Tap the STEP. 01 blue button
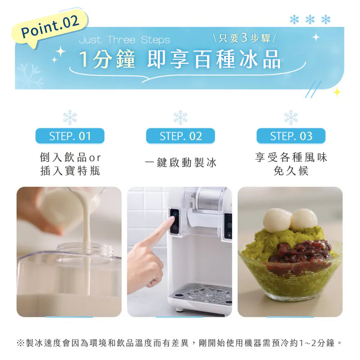pos(70,136)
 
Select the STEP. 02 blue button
pos(180,136)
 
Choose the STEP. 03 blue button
pos(291,136)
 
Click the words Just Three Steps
pos(125,40)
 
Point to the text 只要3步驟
pos(245,38)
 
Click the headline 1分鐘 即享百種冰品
pos(180,59)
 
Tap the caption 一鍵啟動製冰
pos(180,163)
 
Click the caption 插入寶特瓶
pos(70,171)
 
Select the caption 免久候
pos(291,171)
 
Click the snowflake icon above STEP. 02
pos(180,117)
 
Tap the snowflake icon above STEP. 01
pos(70,117)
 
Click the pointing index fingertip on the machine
pos(171,220)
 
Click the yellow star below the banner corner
pos(337,92)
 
